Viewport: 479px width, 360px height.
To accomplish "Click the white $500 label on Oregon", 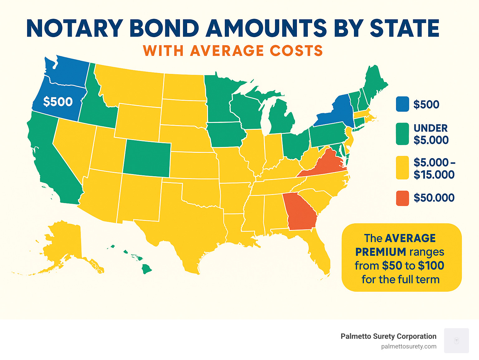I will [x=58, y=102].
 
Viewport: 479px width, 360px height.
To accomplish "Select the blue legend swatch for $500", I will [x=402, y=104].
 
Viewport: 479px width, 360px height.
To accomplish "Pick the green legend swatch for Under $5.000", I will [x=402, y=134].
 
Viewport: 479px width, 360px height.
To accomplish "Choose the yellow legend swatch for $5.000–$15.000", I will [x=402, y=168].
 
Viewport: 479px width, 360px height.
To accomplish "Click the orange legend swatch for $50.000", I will [x=402, y=198].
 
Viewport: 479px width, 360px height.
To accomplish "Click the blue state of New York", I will [x=335, y=112].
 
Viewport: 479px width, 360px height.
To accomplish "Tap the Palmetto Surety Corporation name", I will [x=388, y=336].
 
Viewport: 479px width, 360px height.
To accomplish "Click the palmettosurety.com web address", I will [x=409, y=346].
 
